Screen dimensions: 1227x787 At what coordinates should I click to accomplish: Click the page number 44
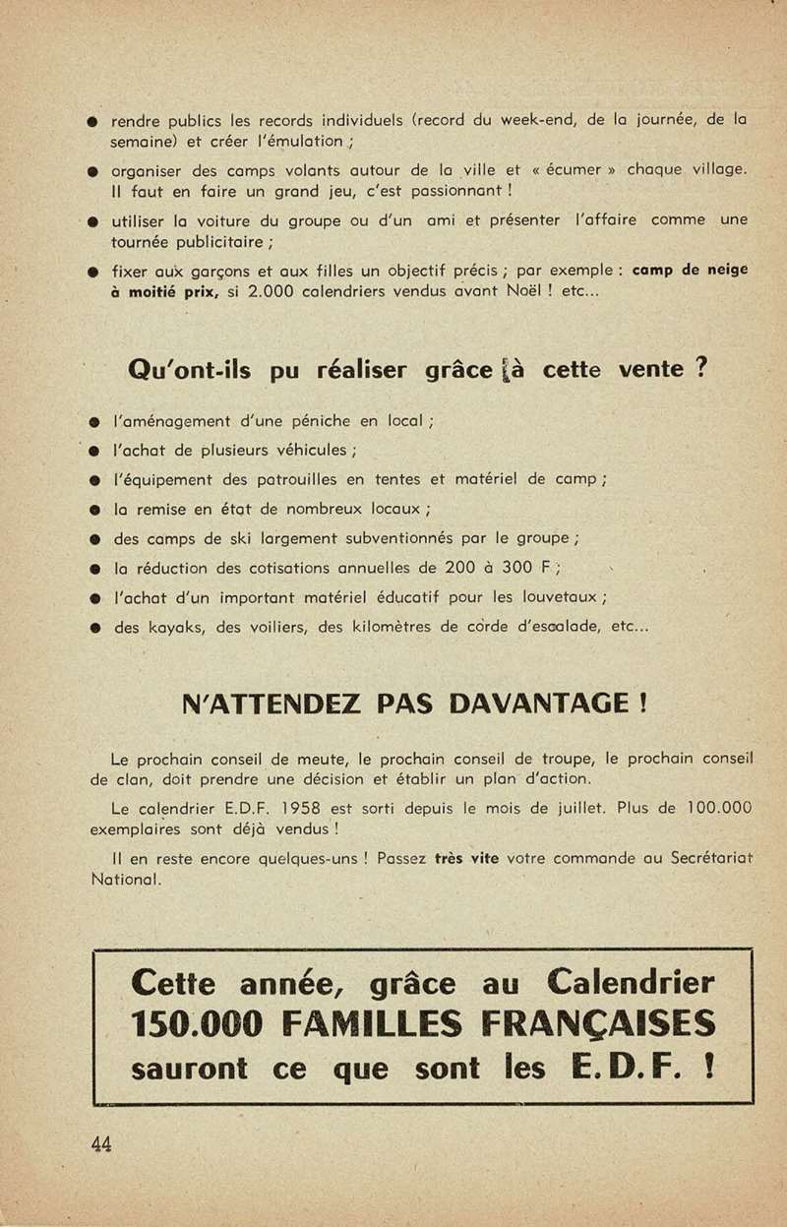tap(100, 1143)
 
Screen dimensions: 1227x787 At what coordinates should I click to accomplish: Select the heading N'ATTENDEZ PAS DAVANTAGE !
tap(414, 704)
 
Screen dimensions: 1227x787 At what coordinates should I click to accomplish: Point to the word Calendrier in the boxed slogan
tap(632, 982)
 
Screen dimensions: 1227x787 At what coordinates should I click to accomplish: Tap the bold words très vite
tap(467, 858)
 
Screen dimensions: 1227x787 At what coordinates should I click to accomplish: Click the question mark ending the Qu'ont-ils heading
tap(700, 369)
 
